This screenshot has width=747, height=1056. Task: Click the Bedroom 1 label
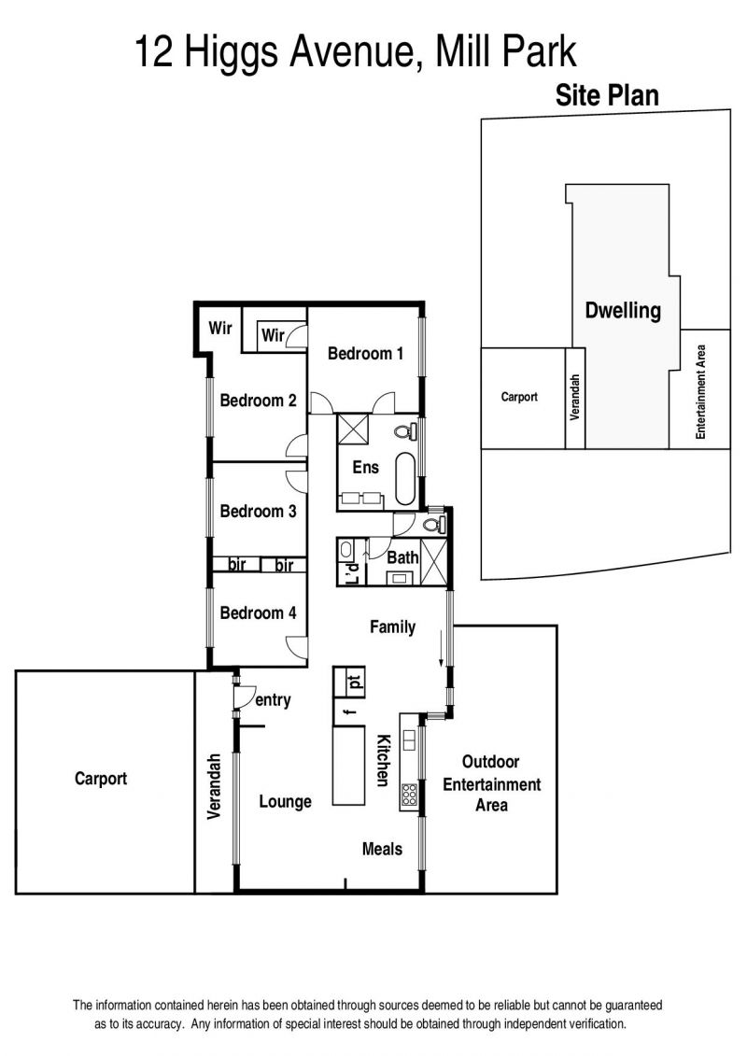365,353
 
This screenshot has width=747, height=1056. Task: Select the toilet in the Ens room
405,429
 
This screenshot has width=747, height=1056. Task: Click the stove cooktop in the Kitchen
409,795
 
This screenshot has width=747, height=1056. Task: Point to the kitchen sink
408,741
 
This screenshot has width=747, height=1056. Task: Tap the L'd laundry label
352,571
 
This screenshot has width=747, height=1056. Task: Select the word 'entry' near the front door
273,699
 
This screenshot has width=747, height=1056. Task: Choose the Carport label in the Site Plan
519,397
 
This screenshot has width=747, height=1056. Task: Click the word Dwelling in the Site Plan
623,311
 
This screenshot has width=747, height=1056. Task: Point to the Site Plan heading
607,95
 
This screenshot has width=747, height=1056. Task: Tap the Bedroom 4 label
258,612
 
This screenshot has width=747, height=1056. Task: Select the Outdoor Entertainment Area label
492,783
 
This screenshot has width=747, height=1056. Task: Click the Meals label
382,849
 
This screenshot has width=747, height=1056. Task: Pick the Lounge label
285,801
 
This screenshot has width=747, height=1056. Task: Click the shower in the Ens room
353,429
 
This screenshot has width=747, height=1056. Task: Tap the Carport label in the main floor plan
100,779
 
